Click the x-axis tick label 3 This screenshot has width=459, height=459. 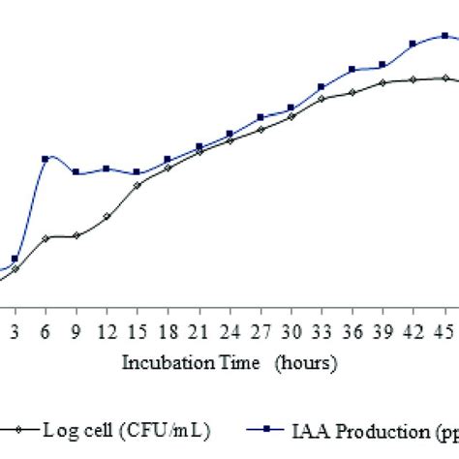click(x=15, y=332)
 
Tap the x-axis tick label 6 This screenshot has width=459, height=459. click(x=46, y=332)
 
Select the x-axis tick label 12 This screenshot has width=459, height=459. click(x=107, y=332)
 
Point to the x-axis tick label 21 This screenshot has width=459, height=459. click(x=199, y=332)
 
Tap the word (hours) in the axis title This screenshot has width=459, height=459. click(x=305, y=364)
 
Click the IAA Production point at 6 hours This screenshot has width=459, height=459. click(x=46, y=159)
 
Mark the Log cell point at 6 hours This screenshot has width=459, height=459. click(x=46, y=237)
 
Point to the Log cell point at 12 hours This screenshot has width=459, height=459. click(x=107, y=216)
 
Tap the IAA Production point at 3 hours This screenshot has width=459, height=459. click(x=15, y=259)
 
